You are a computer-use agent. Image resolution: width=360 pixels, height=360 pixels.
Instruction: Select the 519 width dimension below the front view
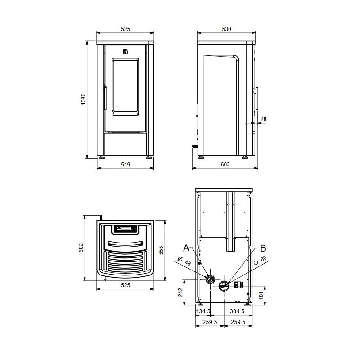126,165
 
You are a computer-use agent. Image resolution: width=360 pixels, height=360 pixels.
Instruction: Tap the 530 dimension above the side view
226,29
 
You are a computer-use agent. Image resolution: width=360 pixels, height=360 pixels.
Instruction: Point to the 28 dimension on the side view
264,119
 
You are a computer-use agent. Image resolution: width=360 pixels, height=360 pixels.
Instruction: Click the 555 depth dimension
162,250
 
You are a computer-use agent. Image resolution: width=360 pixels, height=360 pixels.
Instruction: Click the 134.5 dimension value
203,311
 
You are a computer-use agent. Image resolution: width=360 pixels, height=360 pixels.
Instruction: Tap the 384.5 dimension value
237,311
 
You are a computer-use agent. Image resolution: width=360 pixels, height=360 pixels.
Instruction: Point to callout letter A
186,248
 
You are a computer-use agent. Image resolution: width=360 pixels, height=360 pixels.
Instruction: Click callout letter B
263,248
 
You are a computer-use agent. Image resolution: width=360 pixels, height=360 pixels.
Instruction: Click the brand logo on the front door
125,52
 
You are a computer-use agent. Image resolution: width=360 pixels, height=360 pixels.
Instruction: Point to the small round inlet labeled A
209,279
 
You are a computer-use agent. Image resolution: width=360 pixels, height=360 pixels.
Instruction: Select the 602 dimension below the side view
225,165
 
